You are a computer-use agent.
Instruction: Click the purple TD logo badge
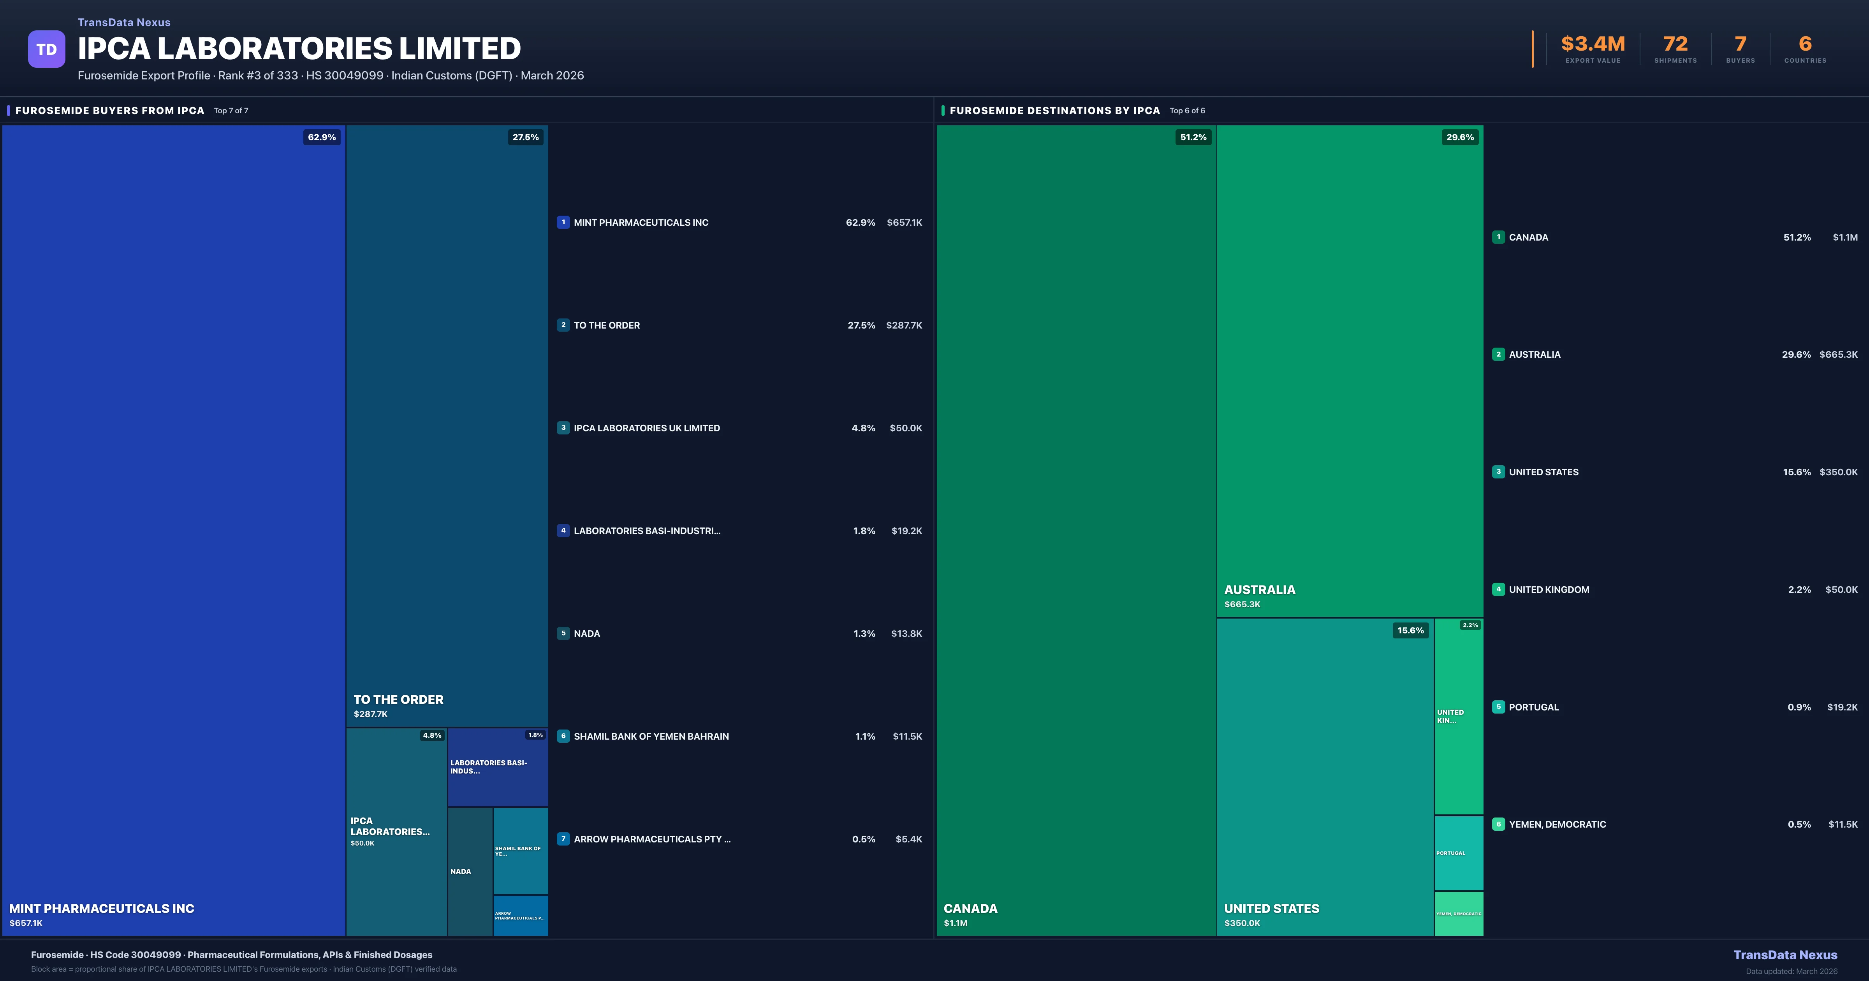(x=46, y=49)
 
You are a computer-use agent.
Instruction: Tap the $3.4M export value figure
(x=1593, y=44)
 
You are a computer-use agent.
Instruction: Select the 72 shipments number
(x=1675, y=44)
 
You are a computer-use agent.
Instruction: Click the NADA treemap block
(x=470, y=871)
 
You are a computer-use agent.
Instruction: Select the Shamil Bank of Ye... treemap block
(x=520, y=850)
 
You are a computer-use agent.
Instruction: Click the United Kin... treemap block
(x=1458, y=716)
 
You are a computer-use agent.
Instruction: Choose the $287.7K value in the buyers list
(x=903, y=325)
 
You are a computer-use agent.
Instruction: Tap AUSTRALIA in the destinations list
(x=1535, y=355)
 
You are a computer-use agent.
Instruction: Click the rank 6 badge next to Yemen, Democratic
(x=1498, y=824)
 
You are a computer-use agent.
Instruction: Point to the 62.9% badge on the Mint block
(x=321, y=137)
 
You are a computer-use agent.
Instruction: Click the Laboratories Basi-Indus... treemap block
(x=498, y=767)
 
